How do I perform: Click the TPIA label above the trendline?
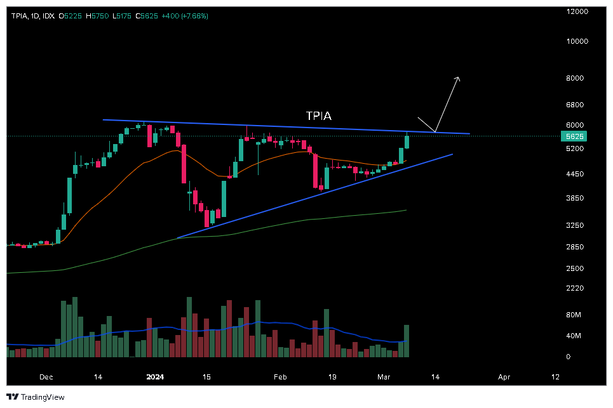tap(318, 116)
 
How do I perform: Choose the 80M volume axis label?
tap(574, 315)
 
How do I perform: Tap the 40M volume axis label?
tap(574, 336)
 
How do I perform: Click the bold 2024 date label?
tap(155, 377)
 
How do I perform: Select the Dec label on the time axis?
tap(46, 377)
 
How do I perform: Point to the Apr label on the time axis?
tap(504, 377)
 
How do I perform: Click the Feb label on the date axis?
tap(280, 377)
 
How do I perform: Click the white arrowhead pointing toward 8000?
tap(457, 79)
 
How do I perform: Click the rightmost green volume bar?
tap(407, 341)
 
